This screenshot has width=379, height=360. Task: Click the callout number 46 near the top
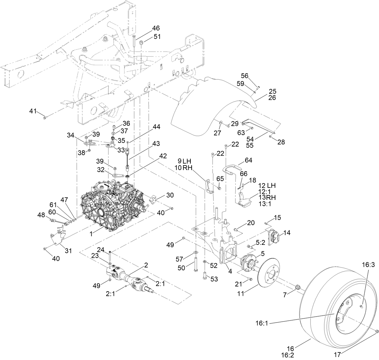[x=155, y=28]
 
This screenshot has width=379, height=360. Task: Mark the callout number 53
[x=214, y=279]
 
